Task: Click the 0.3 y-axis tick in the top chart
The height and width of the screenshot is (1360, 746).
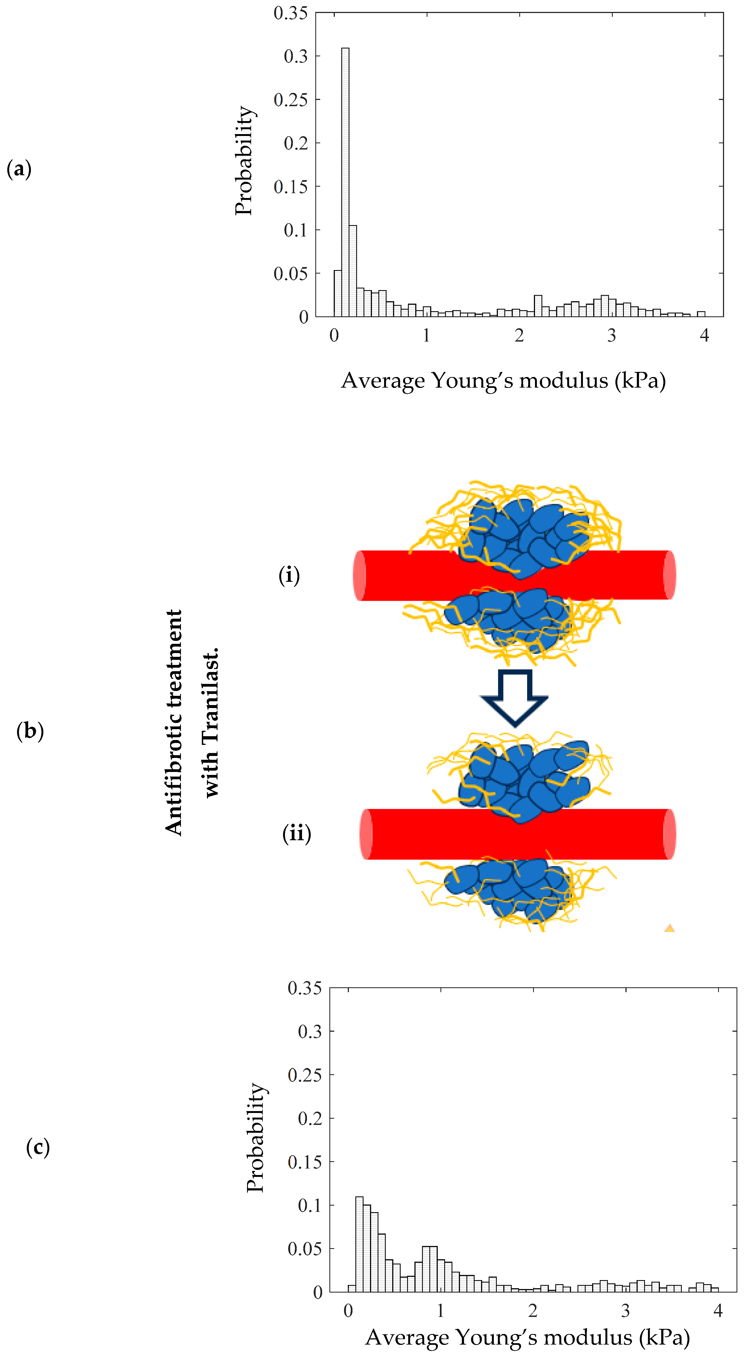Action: coord(296,56)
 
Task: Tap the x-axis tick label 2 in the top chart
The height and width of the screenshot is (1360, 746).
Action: coord(519,335)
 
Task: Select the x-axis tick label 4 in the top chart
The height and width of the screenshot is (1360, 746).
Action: coord(704,335)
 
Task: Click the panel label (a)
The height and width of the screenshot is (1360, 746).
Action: coord(19,170)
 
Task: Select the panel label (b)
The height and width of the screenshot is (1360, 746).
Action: coord(30,731)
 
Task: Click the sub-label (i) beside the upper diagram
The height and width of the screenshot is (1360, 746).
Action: coord(289,575)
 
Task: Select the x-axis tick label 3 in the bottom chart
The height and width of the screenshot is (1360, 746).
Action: coord(625,1310)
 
